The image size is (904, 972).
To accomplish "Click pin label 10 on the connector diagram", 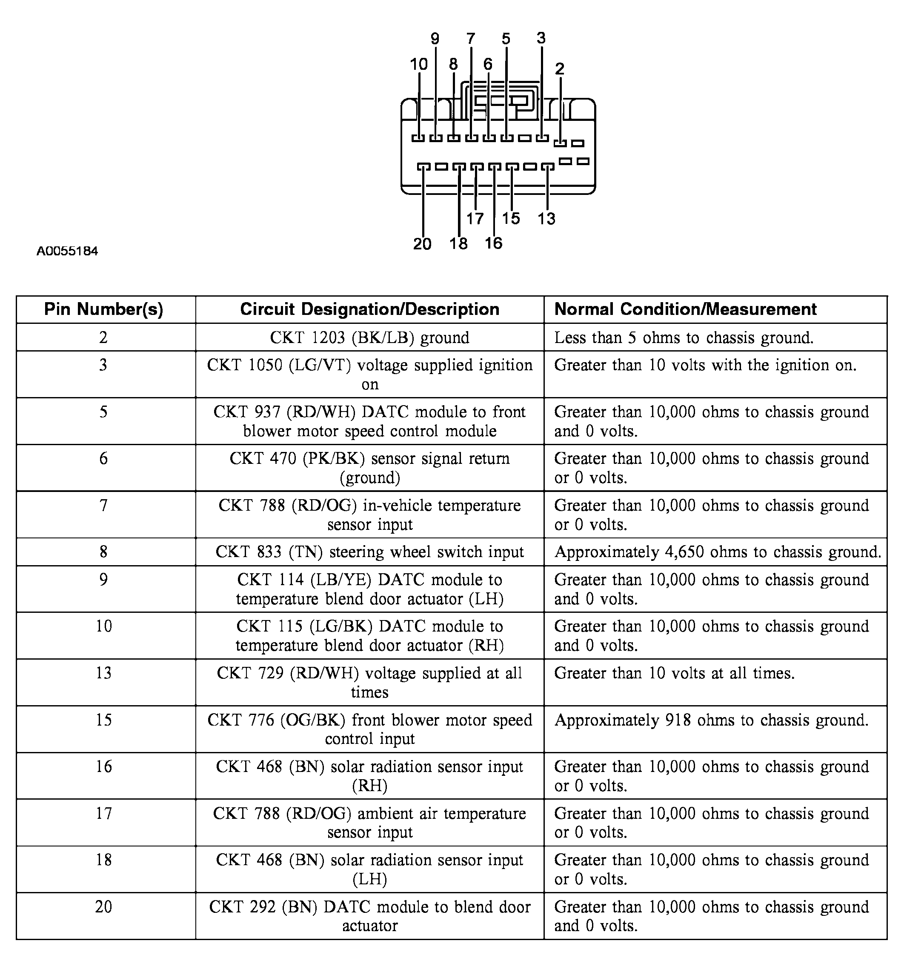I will click(418, 64).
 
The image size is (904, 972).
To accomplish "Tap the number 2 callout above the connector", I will click(560, 69).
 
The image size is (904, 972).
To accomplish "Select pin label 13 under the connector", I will click(546, 219).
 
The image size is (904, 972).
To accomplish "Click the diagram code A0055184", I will click(68, 252).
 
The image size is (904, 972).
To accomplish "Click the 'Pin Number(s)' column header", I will click(104, 309).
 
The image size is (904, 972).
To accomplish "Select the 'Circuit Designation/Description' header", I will click(369, 309).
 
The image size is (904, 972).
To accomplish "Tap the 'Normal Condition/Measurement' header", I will click(686, 309).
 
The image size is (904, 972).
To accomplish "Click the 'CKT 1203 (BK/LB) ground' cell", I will click(369, 337).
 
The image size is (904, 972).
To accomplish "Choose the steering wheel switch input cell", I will click(369, 552).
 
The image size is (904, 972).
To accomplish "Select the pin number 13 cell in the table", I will click(104, 673).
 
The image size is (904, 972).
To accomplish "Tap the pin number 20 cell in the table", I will click(104, 906).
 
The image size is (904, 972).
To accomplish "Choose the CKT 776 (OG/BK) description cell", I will click(369, 729).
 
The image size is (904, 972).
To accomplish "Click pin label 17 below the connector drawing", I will click(475, 219).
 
